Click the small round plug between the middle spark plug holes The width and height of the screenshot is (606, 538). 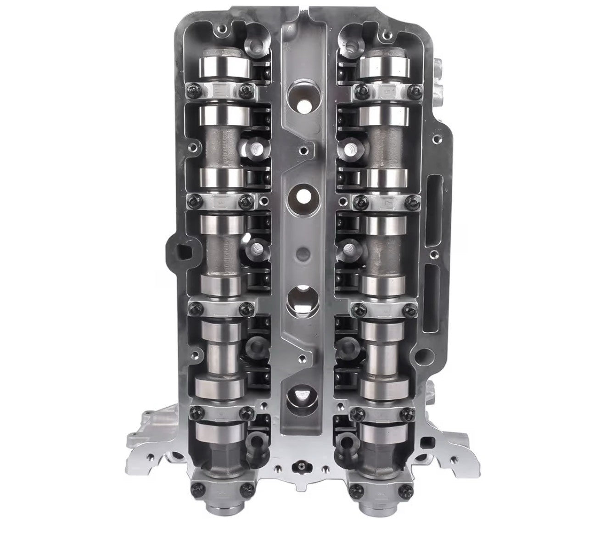302,252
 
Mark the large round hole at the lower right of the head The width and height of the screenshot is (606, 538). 425,355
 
